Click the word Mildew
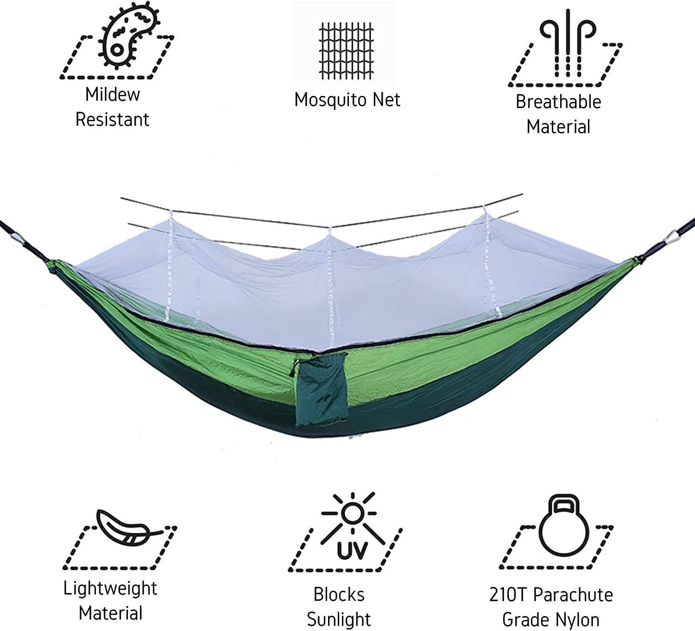(x=113, y=95)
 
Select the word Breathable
(x=558, y=102)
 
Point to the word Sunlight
(x=339, y=619)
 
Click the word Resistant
(x=112, y=120)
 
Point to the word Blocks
(x=339, y=595)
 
